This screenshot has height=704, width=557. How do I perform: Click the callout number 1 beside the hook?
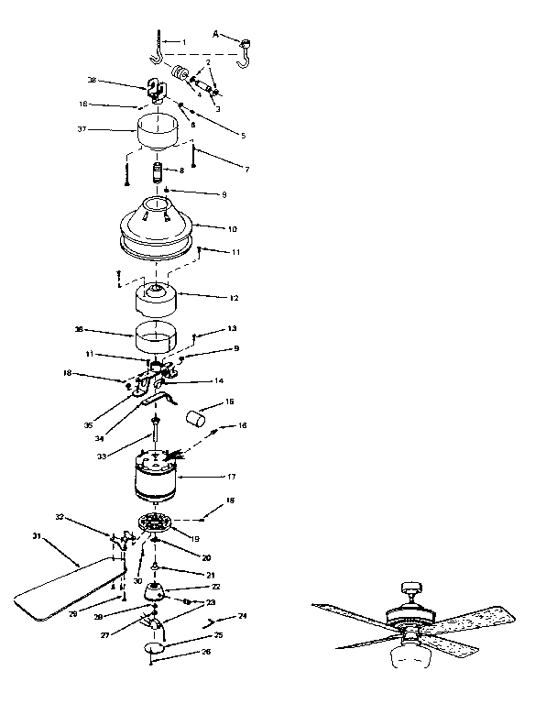[x=183, y=42]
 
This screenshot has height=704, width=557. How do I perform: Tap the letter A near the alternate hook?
[x=216, y=34]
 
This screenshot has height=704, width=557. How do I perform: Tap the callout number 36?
[x=79, y=328]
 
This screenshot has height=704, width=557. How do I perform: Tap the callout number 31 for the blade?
[x=37, y=535]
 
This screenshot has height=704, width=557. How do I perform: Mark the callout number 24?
[x=243, y=616]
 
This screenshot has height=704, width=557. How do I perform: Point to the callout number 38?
[x=91, y=80]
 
